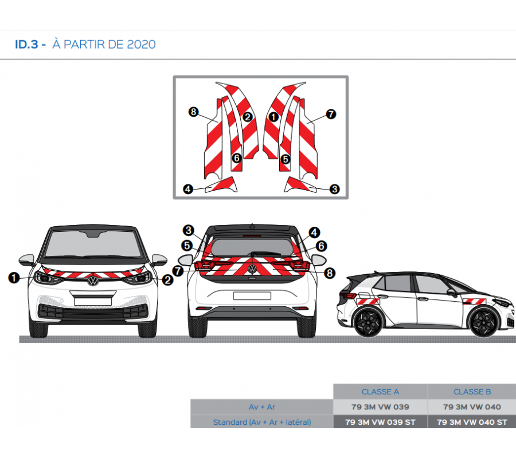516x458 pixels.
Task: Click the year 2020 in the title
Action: coord(140,44)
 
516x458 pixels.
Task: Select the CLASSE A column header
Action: coord(380,392)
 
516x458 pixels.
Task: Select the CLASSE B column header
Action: coord(472,392)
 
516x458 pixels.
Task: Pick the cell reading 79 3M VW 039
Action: coord(380,407)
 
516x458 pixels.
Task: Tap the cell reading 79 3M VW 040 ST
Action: coord(472,422)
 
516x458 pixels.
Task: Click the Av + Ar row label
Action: coord(261,407)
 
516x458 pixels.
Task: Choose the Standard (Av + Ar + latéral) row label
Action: coord(261,422)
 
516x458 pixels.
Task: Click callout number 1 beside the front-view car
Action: coord(13,278)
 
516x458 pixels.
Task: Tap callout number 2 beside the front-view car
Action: coord(167,280)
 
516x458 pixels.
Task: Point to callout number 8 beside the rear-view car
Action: coord(329,273)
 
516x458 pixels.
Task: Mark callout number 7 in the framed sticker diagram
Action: coord(331,114)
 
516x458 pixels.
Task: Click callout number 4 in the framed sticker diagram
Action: coord(187,189)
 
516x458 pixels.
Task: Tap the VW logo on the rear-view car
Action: coord(251,268)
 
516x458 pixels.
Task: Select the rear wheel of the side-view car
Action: coord(368,323)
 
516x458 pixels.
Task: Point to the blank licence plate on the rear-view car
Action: coord(251,295)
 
